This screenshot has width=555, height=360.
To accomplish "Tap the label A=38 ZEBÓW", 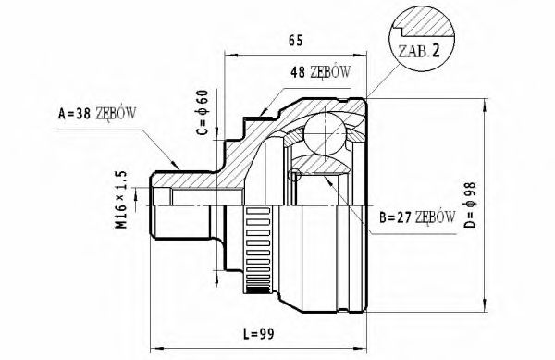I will (98, 115).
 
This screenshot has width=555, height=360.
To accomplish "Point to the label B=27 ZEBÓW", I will (417, 218).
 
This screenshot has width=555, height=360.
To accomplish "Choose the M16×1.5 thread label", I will (121, 199).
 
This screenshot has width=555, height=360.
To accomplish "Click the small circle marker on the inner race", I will (295, 174).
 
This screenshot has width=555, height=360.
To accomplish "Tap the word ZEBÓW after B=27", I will (435, 218).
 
